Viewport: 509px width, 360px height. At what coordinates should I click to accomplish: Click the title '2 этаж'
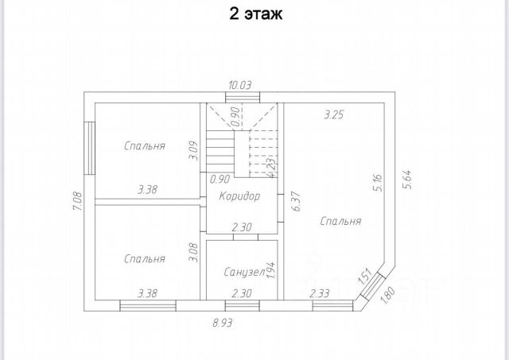[x=254, y=14]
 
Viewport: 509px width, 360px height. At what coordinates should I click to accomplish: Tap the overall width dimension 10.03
[x=241, y=86]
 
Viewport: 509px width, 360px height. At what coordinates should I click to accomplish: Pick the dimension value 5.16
[x=378, y=184]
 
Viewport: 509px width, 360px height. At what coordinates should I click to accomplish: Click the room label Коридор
[x=239, y=195]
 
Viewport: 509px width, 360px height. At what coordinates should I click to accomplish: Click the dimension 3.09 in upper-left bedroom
[x=192, y=151]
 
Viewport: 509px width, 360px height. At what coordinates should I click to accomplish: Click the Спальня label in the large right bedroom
[x=340, y=222]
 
